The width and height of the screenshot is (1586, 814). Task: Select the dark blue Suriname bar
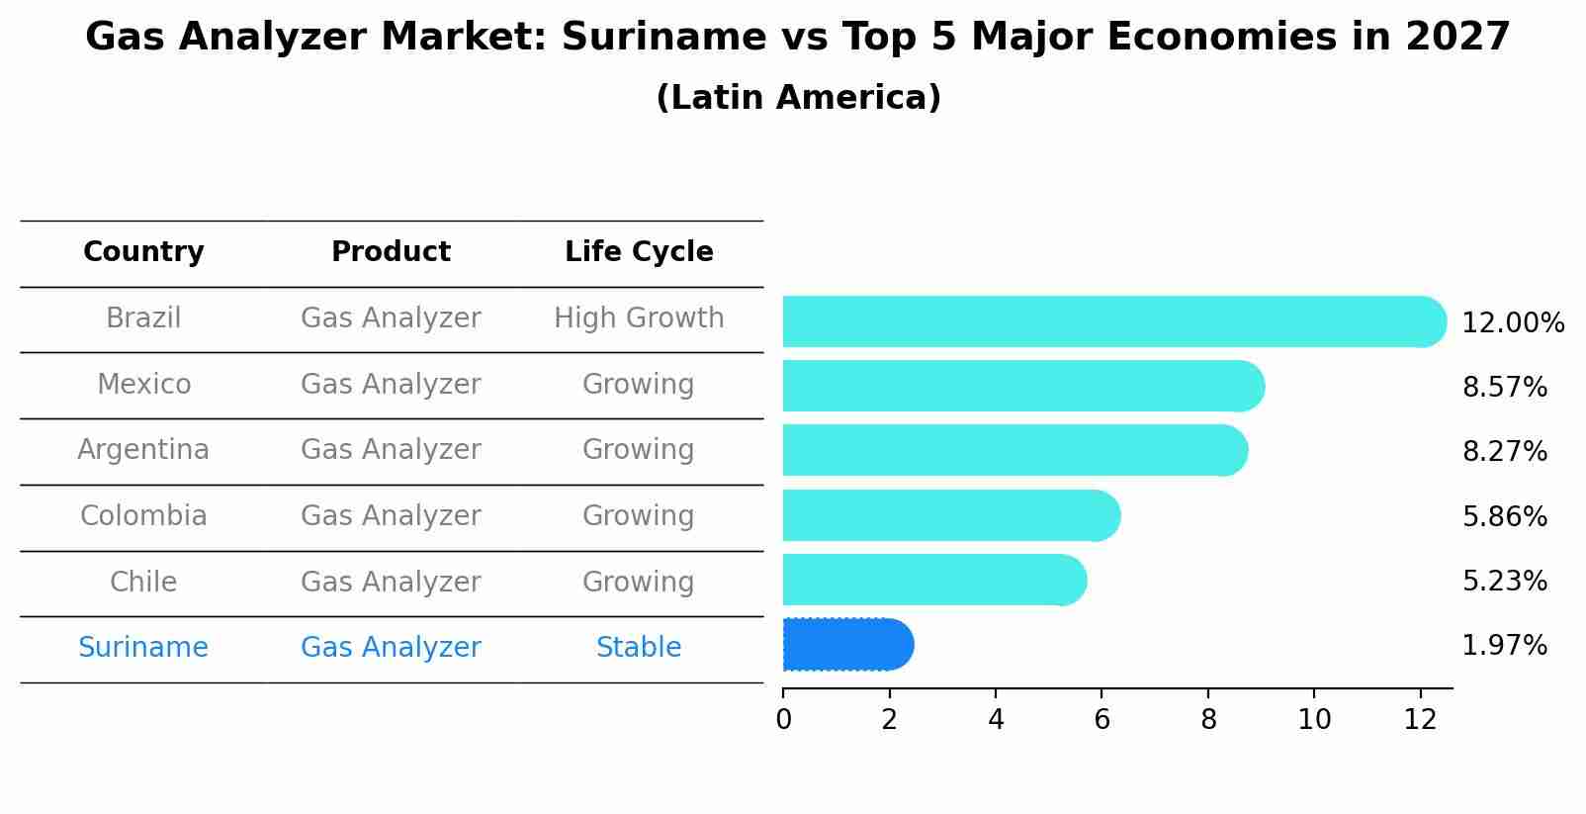pos(846,645)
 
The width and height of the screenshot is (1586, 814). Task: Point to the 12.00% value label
pos(1512,323)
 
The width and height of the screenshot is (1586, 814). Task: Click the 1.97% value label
pos(1504,646)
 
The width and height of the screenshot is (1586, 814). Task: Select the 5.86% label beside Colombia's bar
pos(1504,516)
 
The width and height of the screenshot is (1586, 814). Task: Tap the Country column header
pos(143,252)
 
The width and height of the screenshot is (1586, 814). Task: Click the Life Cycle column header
pos(639,252)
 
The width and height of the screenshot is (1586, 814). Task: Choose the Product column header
pos(391,252)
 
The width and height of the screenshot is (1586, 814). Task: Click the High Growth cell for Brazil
pos(639,318)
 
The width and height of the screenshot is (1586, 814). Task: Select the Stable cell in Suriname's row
pos(639,648)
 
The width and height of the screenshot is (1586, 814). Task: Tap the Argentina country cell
pos(143,450)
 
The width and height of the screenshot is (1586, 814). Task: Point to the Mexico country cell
pos(143,384)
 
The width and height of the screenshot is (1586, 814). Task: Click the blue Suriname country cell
pos(143,648)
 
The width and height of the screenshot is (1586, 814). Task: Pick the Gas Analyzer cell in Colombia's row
pos(391,516)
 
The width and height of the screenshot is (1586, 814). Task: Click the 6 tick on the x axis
pos(1101,719)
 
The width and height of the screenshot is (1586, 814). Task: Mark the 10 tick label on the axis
pos(1314,719)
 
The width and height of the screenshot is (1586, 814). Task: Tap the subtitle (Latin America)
pos(798,98)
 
